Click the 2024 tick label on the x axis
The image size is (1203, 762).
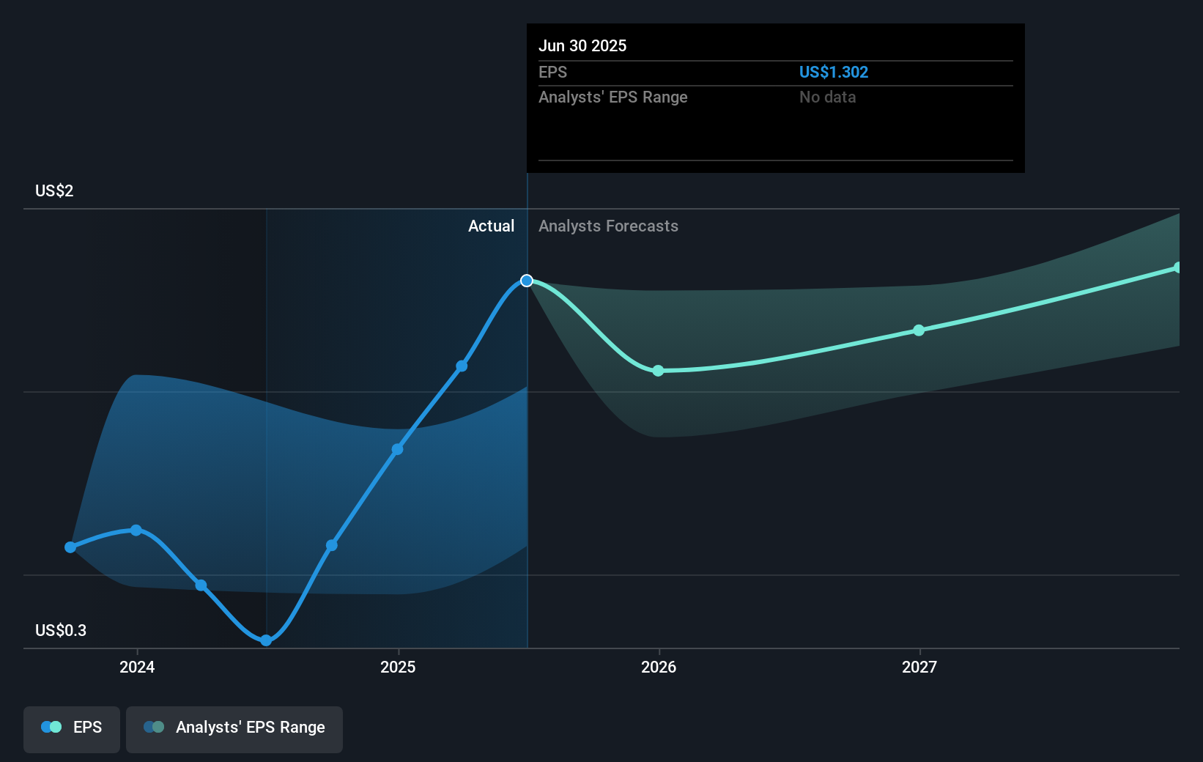pyautogui.click(x=137, y=667)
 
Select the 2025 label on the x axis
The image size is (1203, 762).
pyautogui.click(x=398, y=667)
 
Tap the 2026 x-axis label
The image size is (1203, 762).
pyautogui.click(x=659, y=667)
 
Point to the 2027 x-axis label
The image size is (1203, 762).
pyautogui.click(x=919, y=667)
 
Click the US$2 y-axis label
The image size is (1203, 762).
pyautogui.click(x=54, y=191)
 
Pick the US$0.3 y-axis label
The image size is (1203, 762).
pyautogui.click(x=61, y=631)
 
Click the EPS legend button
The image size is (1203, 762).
pyautogui.click(x=72, y=728)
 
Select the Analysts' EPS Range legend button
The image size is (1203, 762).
pyautogui.click(x=234, y=728)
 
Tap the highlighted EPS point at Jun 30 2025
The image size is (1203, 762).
pyautogui.click(x=527, y=281)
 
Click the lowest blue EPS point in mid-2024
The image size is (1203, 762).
pyautogui.click(x=266, y=640)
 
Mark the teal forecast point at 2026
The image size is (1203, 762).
pyautogui.click(x=658, y=371)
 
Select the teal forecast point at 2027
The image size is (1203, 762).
pyautogui.click(x=919, y=330)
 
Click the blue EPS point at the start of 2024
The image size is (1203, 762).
pyautogui.click(x=136, y=530)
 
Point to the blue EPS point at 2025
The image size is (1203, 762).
pyautogui.click(x=397, y=449)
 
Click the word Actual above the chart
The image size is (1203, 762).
pyautogui.click(x=491, y=226)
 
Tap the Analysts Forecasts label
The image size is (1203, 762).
pyautogui.click(x=608, y=226)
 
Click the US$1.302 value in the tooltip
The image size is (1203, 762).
pyautogui.click(x=833, y=73)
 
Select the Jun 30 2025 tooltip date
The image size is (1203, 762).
pyautogui.click(x=582, y=46)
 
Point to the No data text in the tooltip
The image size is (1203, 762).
pyautogui.click(x=827, y=97)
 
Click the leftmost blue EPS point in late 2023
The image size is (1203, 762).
pyautogui.click(x=70, y=547)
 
